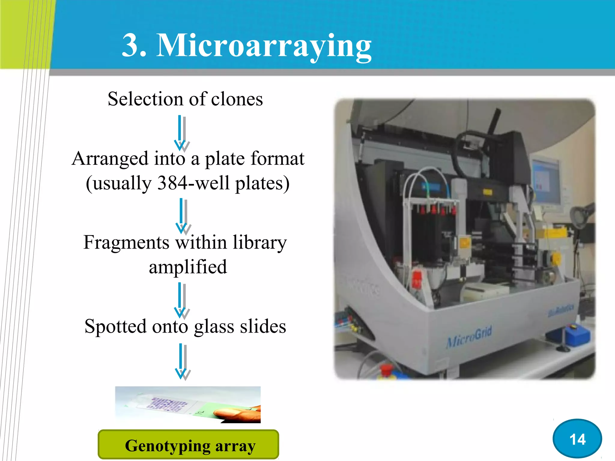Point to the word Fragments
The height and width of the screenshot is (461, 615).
(x=126, y=243)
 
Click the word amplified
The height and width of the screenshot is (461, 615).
(x=188, y=267)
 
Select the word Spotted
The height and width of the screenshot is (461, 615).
(x=115, y=327)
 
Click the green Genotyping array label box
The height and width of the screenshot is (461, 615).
(x=188, y=445)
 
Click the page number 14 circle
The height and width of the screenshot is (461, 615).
(x=577, y=439)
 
